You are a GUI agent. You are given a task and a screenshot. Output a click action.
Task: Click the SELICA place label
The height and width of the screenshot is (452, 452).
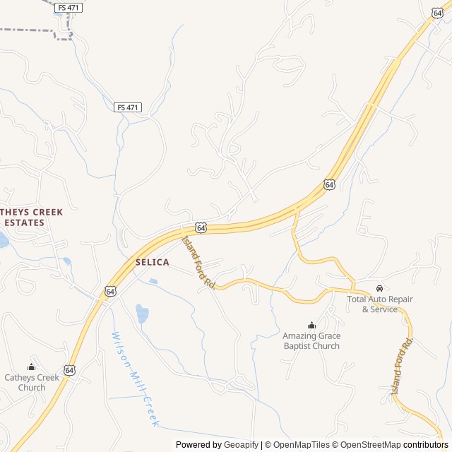pyautogui.click(x=152, y=262)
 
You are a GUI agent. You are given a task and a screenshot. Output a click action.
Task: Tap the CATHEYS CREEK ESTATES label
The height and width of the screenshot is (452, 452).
pyautogui.click(x=31, y=217)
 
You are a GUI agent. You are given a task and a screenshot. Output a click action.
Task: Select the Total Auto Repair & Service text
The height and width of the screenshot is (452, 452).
pyautogui.click(x=380, y=304)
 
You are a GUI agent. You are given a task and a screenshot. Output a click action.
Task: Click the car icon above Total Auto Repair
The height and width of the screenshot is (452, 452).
pyautogui.click(x=380, y=289)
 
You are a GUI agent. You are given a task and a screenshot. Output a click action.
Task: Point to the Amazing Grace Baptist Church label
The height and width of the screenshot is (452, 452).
pyautogui.click(x=311, y=340)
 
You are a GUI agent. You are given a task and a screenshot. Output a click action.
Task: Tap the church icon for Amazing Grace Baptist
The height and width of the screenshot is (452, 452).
pyautogui.click(x=311, y=325)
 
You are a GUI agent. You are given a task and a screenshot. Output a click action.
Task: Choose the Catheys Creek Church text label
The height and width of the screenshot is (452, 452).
pyautogui.click(x=31, y=382)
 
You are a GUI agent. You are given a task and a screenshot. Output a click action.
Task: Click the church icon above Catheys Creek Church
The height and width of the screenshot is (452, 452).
pyautogui.click(x=31, y=367)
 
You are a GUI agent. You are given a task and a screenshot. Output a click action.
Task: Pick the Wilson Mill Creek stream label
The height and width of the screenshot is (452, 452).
pyautogui.click(x=133, y=379)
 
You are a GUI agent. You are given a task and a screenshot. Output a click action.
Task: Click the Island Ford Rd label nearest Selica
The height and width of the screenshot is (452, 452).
pyautogui.click(x=198, y=262)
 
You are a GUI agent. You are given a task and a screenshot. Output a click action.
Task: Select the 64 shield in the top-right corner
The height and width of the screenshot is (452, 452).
pyautogui.click(x=438, y=13)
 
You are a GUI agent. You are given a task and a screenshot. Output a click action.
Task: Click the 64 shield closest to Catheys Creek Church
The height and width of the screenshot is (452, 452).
pyautogui.click(x=69, y=369)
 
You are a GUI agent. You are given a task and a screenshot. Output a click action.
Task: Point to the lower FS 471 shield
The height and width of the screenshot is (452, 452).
pyautogui.click(x=128, y=107)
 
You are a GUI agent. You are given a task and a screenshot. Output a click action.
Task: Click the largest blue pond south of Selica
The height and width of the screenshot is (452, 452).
pyautogui.click(x=142, y=313)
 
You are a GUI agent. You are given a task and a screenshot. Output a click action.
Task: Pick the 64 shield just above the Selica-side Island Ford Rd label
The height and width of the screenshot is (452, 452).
pyautogui.click(x=201, y=227)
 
